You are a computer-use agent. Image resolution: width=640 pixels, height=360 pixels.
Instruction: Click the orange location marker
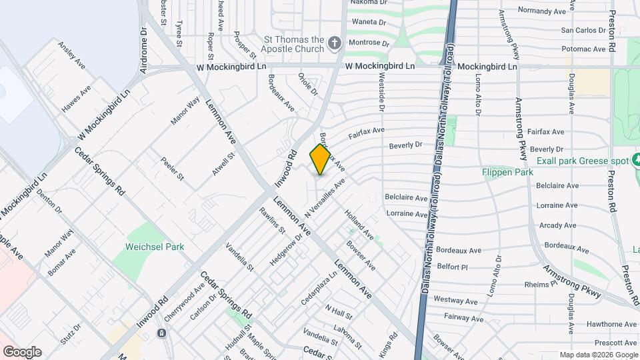(321, 159)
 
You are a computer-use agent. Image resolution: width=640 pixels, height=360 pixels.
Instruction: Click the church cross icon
(335, 44)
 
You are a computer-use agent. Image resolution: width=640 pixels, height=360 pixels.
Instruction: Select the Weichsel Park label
(155, 247)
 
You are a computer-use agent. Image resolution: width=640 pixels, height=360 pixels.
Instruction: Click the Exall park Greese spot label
(583, 161)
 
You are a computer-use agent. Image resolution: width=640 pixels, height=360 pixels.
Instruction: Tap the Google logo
(22, 352)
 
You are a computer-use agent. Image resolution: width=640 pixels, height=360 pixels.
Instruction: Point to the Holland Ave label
(359, 225)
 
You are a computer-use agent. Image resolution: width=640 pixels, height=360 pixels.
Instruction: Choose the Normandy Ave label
(543, 11)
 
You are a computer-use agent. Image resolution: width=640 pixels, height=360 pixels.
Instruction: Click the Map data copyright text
(599, 355)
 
